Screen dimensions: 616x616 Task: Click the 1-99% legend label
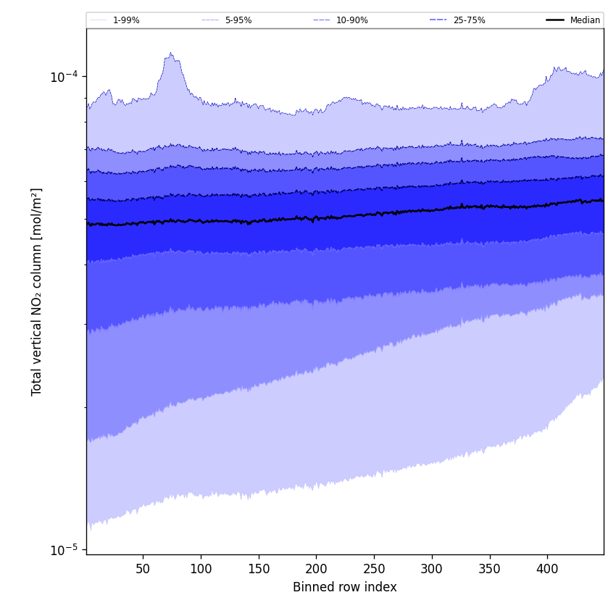(126, 20)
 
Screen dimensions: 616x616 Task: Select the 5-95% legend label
(238, 20)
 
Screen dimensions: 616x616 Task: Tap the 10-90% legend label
(351, 20)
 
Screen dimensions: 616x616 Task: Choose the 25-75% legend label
(469, 20)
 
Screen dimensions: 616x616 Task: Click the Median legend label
(585, 20)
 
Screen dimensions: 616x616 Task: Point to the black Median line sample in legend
(555, 20)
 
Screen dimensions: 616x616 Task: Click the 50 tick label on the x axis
(143, 569)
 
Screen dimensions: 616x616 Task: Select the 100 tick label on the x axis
(201, 569)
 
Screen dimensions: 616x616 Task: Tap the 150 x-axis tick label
(259, 569)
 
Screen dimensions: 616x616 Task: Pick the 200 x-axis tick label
(316, 569)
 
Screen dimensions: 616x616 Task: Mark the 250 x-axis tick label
(374, 569)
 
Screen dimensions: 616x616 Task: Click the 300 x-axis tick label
(432, 569)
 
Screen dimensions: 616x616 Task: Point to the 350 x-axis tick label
(489, 569)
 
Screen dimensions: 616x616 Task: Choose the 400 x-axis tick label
(547, 569)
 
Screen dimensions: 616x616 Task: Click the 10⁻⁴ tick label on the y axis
(64, 77)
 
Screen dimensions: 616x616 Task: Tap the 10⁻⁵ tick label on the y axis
(64, 549)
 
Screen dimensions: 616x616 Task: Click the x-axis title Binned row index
(345, 588)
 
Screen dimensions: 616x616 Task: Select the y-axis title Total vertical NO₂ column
(37, 291)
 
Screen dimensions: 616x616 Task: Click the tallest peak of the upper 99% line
(171, 53)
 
